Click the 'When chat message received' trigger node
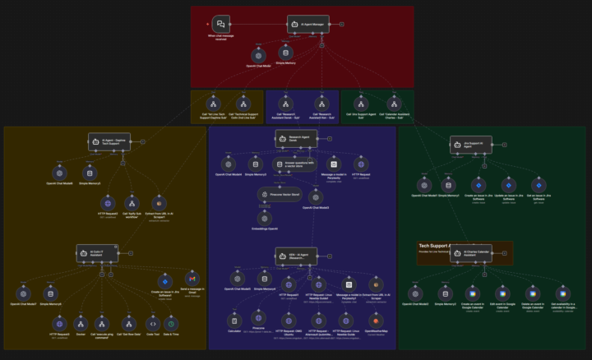(x=220, y=24)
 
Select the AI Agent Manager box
(x=308, y=24)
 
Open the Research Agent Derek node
(x=295, y=139)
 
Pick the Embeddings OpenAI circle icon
(x=264, y=217)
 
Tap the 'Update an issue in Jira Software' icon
(x=507, y=184)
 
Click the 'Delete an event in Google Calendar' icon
(x=532, y=293)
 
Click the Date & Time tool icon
(x=171, y=321)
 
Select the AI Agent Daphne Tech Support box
(x=109, y=141)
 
